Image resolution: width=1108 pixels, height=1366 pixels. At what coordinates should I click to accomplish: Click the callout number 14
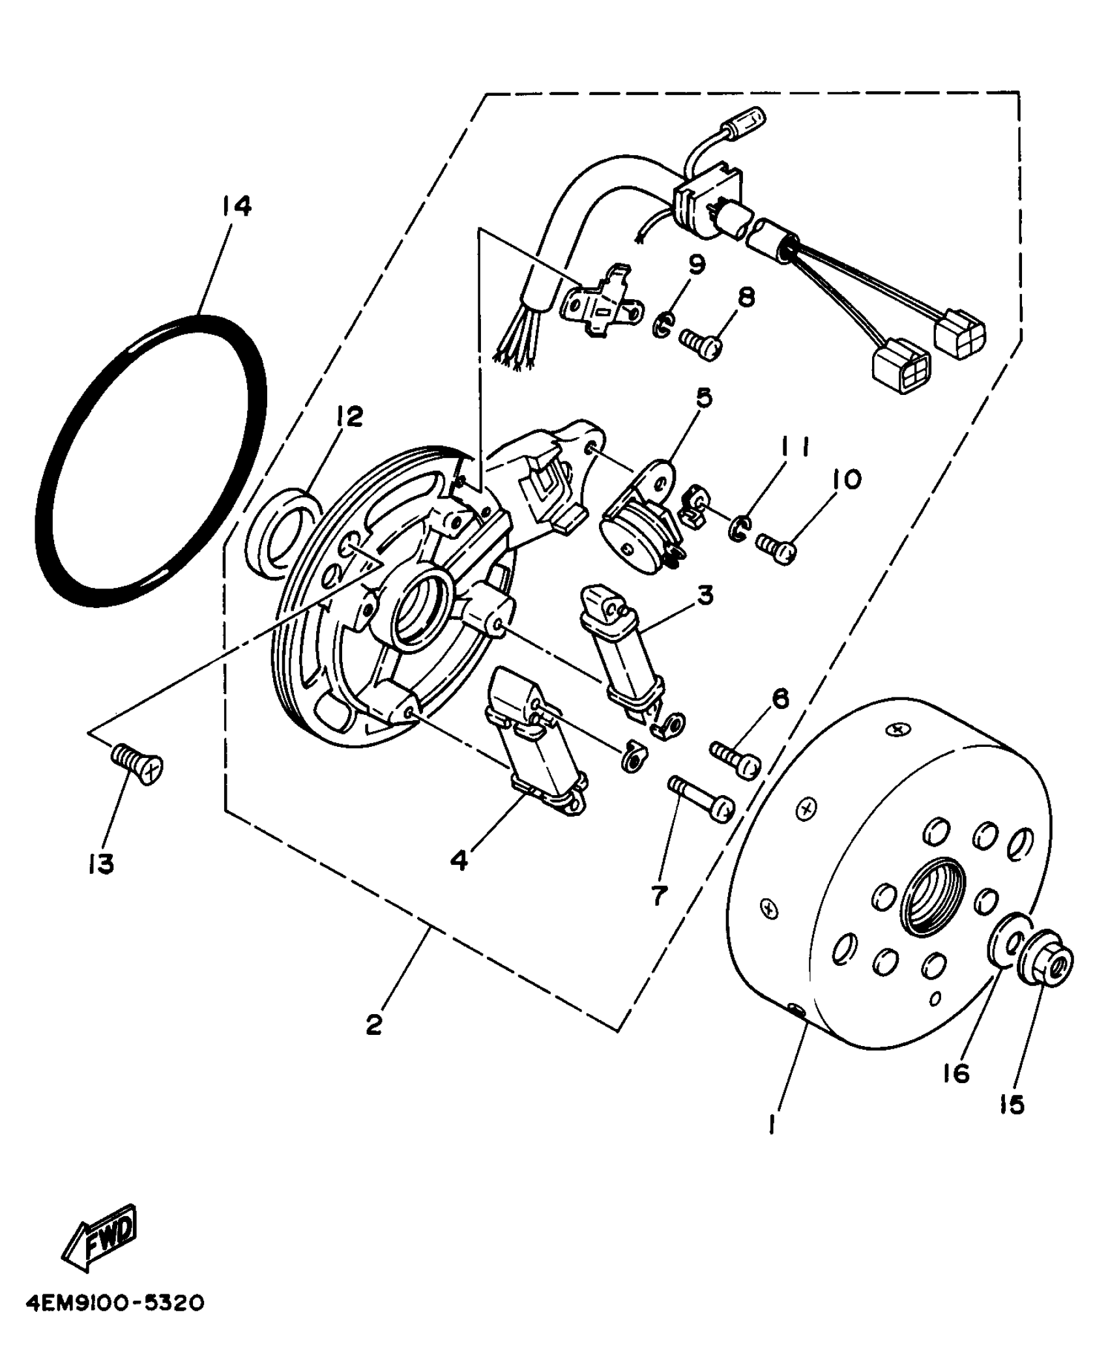235,207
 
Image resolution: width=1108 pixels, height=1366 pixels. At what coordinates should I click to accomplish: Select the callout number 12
349,416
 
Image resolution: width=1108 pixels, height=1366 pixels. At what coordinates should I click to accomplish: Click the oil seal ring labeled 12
282,532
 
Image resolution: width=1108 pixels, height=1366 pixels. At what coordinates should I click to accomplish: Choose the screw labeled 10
777,546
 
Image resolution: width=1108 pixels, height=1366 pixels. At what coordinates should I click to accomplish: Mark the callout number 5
704,398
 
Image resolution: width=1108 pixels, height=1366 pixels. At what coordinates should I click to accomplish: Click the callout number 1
772,1122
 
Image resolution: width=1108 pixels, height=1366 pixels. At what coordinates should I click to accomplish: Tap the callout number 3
705,594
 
